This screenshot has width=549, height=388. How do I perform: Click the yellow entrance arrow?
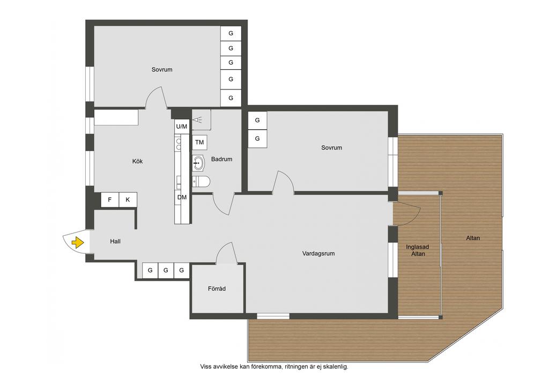[x=77, y=242]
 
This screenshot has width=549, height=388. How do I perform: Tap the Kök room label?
[x=137, y=161]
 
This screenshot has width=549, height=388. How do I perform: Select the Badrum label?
[x=221, y=159]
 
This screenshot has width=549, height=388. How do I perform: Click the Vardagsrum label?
[x=318, y=253]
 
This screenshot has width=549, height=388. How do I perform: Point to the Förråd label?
[x=217, y=289]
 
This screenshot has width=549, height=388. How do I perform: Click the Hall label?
[x=115, y=241]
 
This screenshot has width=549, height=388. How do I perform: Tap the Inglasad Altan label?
[x=417, y=250]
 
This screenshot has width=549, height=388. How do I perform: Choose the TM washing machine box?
[x=199, y=143]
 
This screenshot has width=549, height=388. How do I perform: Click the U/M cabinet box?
[x=181, y=126]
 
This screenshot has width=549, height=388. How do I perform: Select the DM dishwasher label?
[x=182, y=197]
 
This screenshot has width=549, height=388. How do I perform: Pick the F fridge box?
[x=110, y=200]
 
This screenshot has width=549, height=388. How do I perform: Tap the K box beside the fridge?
[x=128, y=200]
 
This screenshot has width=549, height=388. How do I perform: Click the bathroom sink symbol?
[x=198, y=163]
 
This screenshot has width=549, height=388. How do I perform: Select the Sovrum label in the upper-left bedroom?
[x=162, y=70]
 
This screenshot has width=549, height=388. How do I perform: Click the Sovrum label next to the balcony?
[x=331, y=147]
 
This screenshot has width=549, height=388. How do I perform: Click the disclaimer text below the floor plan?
[x=274, y=367]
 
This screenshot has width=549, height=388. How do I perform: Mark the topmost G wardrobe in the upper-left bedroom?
[x=231, y=34]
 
